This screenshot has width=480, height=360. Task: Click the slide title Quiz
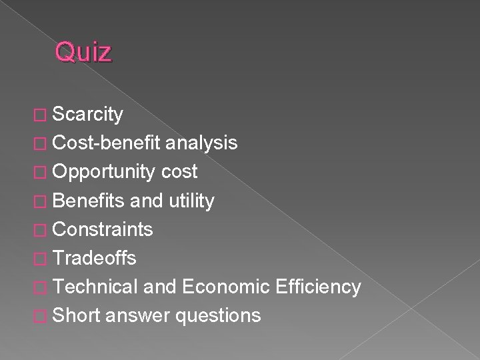83,52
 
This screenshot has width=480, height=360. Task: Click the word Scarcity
87,115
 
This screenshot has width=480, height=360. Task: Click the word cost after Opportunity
179,171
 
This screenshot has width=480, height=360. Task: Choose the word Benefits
89,200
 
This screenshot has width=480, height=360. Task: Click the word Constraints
102,229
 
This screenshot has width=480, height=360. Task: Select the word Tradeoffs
95,258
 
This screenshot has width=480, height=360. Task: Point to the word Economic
227,287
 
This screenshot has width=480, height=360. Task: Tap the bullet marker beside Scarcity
43,115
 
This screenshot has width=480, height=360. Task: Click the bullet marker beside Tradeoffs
43,259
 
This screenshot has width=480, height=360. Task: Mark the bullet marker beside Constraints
43,230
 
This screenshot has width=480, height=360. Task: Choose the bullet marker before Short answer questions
43,316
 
